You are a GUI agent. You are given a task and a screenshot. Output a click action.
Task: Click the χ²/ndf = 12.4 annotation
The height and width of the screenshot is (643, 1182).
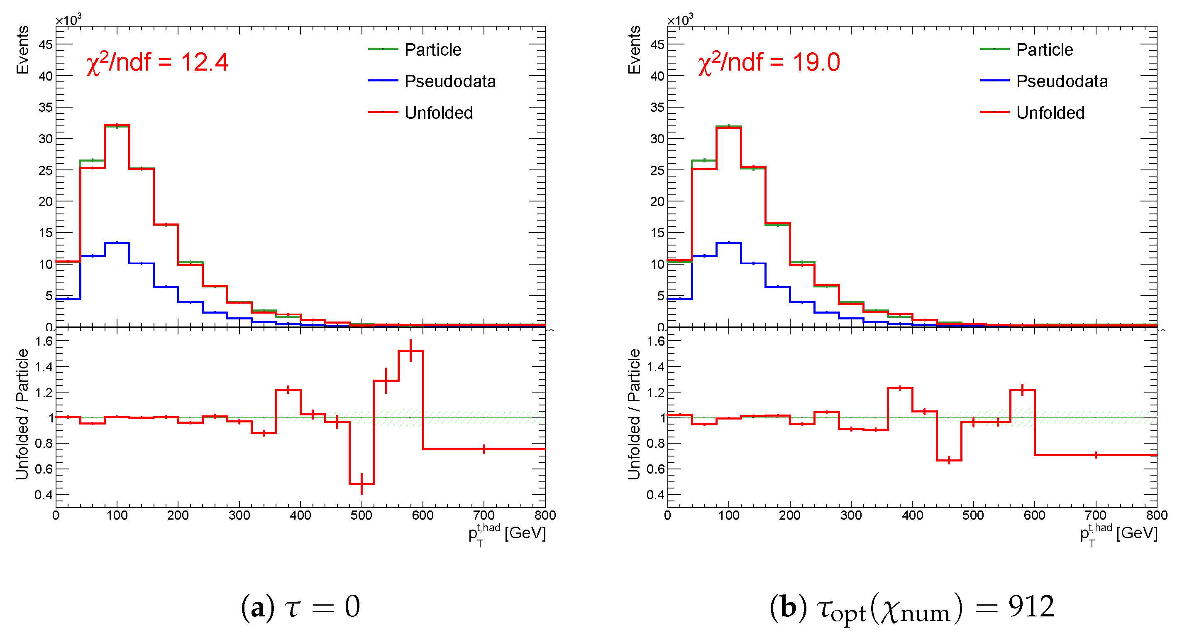(x=157, y=62)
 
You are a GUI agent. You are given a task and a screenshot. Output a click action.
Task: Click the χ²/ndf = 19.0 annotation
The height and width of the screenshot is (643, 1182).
(x=769, y=62)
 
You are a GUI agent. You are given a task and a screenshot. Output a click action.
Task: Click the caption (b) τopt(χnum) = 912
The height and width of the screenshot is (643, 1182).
(x=912, y=607)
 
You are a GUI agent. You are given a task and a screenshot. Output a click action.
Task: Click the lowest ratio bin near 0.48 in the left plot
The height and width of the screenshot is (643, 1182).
(x=361, y=483)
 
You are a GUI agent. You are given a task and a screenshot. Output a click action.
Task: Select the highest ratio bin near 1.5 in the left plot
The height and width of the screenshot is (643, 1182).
(x=411, y=351)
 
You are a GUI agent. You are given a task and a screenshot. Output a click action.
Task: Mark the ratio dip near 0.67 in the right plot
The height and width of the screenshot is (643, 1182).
(x=949, y=460)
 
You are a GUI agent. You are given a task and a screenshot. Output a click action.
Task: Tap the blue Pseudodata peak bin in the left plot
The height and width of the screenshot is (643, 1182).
(x=117, y=243)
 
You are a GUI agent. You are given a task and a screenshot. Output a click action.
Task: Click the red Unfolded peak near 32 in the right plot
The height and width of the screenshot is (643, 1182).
(x=729, y=128)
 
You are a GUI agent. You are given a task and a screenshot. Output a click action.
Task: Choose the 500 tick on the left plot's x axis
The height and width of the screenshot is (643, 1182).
(x=361, y=515)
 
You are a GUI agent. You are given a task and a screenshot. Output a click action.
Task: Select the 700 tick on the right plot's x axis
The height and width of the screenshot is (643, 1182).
(x=1095, y=515)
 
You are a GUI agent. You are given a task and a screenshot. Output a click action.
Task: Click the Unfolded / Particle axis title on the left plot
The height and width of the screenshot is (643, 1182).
(x=22, y=414)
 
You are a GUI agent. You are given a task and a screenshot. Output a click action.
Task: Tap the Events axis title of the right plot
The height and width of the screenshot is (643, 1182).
(x=634, y=49)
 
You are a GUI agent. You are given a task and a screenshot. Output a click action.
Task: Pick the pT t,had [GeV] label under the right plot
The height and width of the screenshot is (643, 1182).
(x=1119, y=534)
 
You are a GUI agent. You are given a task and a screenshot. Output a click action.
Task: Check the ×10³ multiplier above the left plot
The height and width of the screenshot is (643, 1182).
(x=68, y=20)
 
